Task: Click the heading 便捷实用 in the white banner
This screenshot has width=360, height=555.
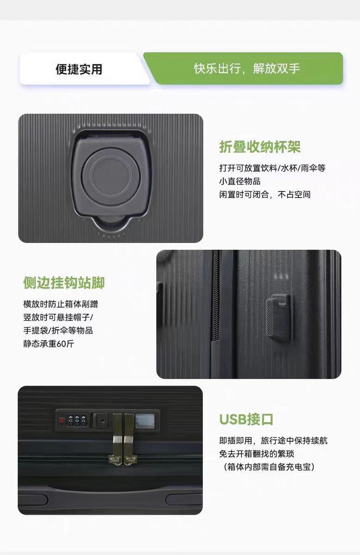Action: coord(79,69)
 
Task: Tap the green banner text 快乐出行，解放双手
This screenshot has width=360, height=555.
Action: coord(247,68)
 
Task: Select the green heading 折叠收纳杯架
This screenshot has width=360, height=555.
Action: coord(260,147)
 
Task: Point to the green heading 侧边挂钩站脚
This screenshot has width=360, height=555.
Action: coord(64,283)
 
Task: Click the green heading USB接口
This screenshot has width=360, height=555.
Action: coord(246,419)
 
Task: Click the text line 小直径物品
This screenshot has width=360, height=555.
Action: coord(240,181)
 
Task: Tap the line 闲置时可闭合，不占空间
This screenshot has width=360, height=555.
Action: coord(265,195)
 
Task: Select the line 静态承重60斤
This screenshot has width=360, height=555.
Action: coord(49,344)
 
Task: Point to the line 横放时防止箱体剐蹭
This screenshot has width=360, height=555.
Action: coord(61,304)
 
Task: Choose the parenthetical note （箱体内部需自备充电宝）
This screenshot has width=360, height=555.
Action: coord(267,467)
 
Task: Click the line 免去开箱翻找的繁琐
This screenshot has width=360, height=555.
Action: coord(257,454)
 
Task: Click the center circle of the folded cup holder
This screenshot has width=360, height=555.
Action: coord(111,176)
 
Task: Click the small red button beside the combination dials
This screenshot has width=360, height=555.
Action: coord(62,420)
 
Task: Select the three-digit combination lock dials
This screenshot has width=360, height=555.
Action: coord(77,420)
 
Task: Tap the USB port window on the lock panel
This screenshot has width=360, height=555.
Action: coord(145,421)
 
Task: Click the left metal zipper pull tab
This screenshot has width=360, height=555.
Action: coord(117,439)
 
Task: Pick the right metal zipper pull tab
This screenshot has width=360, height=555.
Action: coord(130,439)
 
